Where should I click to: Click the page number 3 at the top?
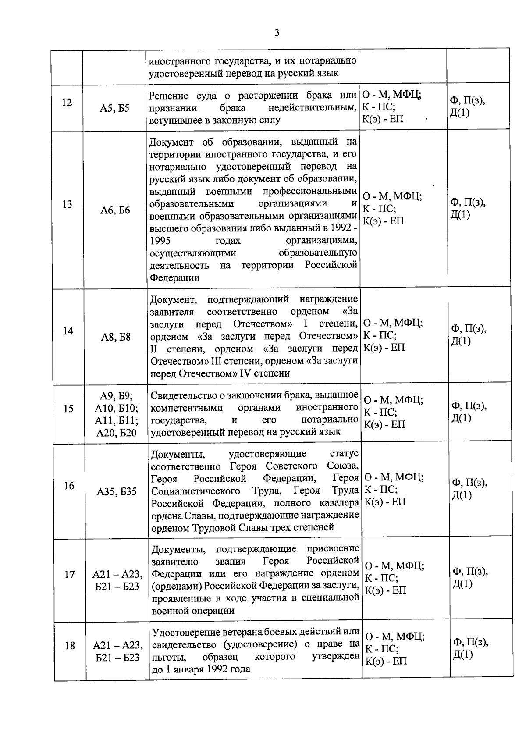276,33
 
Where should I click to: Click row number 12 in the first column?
67,103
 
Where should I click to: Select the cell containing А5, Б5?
114,108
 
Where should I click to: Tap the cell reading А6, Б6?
115,210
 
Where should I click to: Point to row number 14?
68,331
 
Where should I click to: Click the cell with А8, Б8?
116,337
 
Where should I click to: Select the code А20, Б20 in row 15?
117,433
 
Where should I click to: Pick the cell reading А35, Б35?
117,492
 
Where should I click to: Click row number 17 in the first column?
69,574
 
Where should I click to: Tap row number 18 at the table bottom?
70,646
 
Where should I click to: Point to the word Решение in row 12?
169,96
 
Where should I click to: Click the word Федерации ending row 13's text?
175,278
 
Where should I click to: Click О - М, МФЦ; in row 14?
393,323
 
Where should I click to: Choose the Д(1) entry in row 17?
462,583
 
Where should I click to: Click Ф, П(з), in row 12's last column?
467,101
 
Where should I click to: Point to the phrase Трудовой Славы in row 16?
229,528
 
